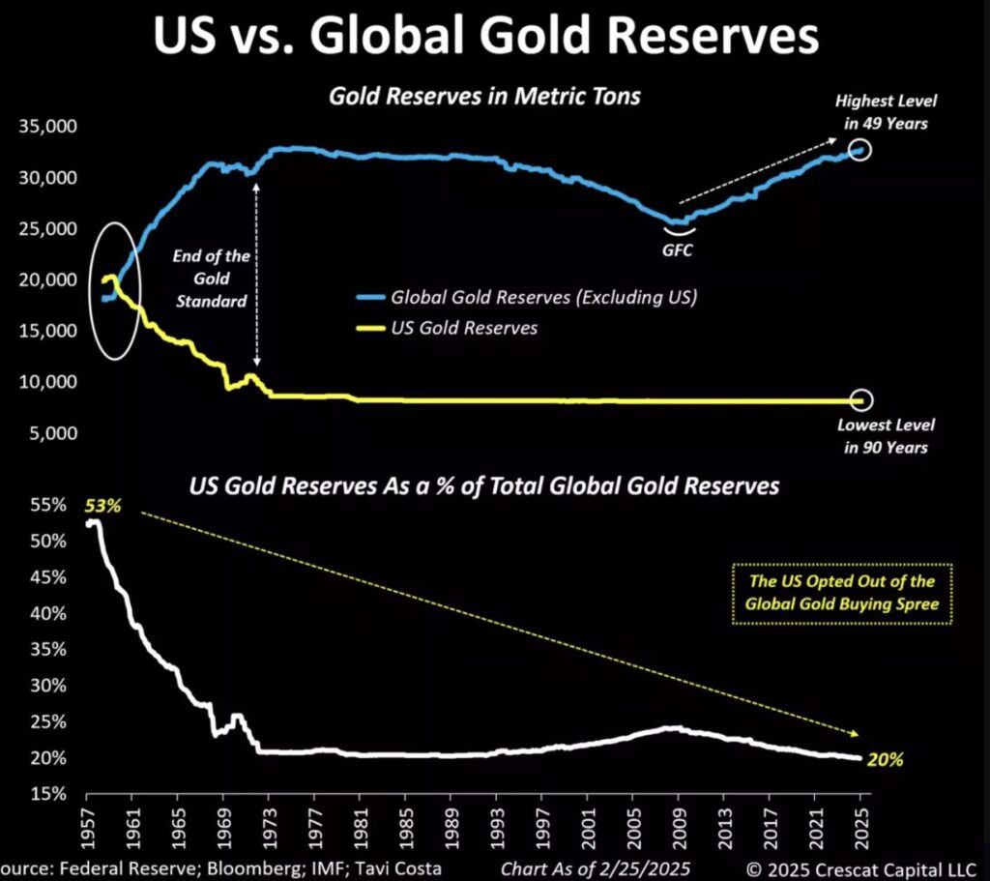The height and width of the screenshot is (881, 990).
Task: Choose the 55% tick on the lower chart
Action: pos(47,505)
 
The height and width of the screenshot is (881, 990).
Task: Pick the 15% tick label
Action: pos(47,794)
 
